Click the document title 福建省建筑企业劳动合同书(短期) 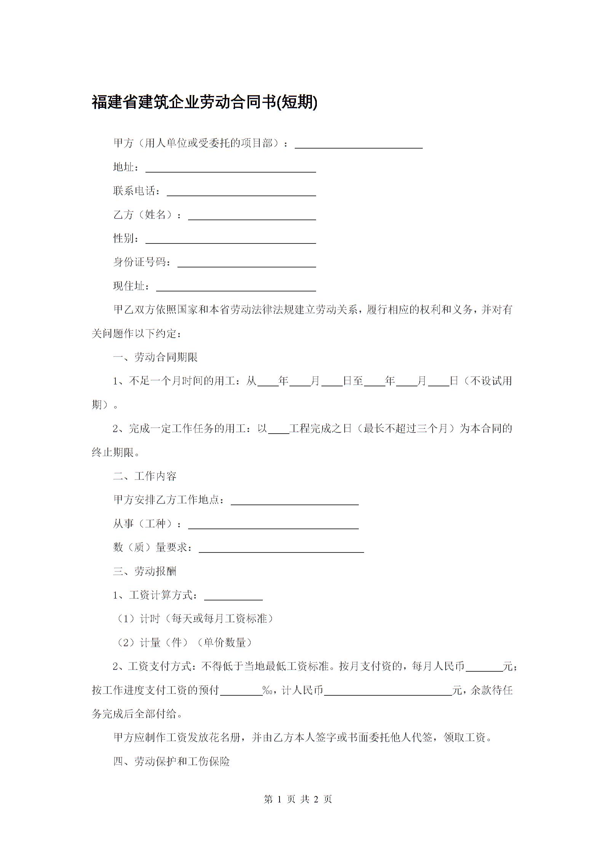pyautogui.click(x=205, y=102)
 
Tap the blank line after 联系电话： pyautogui.click(x=241, y=192)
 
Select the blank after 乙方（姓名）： pyautogui.click(x=252, y=216)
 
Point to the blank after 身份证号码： pyautogui.click(x=247, y=263)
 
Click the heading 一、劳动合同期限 pyautogui.click(x=155, y=357)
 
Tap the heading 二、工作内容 pyautogui.click(x=145, y=476)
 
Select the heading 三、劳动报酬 pyautogui.click(x=145, y=571)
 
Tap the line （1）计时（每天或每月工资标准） pyautogui.click(x=194, y=619)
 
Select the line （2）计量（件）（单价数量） pyautogui.click(x=184, y=643)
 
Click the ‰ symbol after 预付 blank pyautogui.click(x=267, y=690)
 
